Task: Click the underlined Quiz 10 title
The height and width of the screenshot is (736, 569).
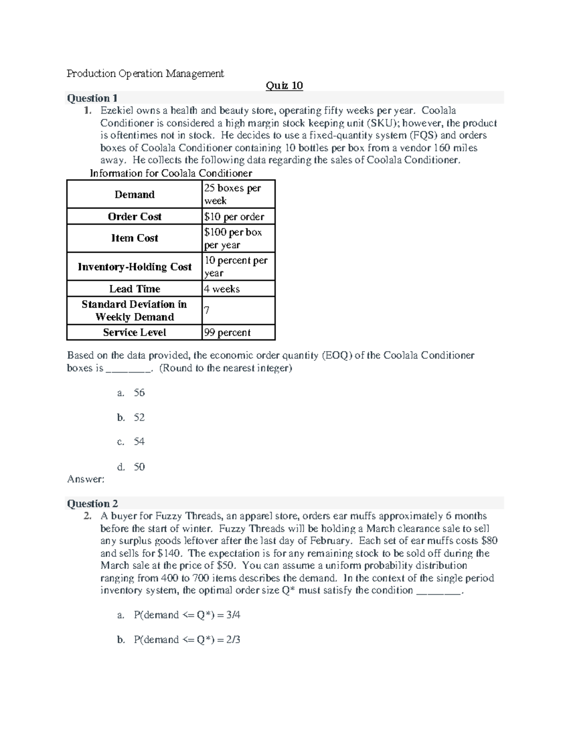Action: coord(284,86)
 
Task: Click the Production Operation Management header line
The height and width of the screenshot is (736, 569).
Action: coord(145,73)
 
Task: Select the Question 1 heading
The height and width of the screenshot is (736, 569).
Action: coord(92,98)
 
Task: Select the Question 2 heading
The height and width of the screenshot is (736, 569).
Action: coord(92,503)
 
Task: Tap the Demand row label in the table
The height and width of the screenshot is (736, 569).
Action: coord(135,194)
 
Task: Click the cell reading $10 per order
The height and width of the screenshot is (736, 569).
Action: coord(234,217)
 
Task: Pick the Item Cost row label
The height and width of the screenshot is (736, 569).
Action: coord(135,238)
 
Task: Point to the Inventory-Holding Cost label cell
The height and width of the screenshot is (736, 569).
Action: coord(135,267)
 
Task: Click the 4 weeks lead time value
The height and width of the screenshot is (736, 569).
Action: coord(222,289)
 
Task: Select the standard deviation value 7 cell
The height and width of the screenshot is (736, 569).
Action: coord(207,310)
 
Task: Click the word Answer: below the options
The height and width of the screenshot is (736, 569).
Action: coord(85,479)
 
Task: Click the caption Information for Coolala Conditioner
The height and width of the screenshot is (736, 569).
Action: coord(171,173)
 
